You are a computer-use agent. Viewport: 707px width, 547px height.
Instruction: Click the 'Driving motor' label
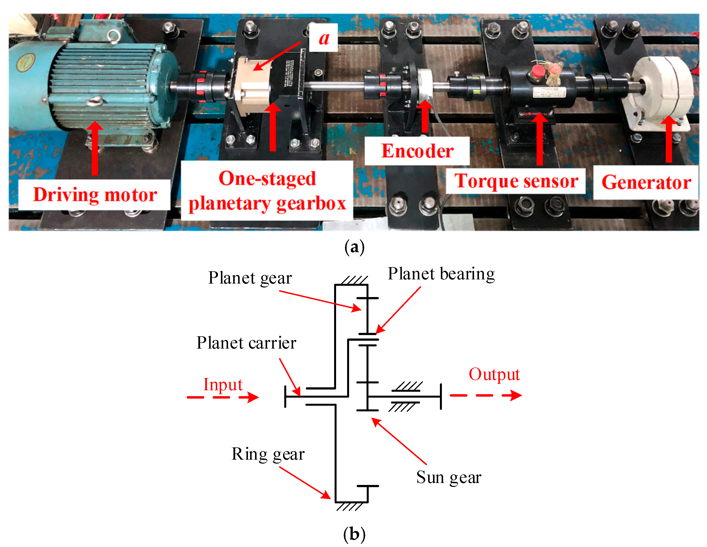[x=95, y=195]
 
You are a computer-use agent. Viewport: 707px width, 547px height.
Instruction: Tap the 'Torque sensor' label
[x=516, y=181]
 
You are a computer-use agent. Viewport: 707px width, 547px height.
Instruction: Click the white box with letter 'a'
[x=323, y=38]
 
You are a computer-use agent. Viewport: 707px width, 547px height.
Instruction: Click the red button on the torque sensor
[x=538, y=71]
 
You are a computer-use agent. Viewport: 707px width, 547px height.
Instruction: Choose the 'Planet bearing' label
[x=441, y=274]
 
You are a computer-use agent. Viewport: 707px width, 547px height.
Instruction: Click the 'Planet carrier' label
[x=246, y=343]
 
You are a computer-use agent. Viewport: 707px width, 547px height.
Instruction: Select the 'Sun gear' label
[x=449, y=477]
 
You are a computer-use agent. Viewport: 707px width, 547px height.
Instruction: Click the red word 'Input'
[x=223, y=385]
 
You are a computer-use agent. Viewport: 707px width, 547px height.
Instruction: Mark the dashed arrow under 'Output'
[x=485, y=395]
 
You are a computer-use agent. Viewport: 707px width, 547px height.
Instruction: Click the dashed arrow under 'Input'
[x=223, y=397]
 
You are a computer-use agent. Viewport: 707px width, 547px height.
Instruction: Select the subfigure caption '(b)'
[x=354, y=534]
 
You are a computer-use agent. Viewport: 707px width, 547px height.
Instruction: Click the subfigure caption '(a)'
[x=354, y=247]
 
